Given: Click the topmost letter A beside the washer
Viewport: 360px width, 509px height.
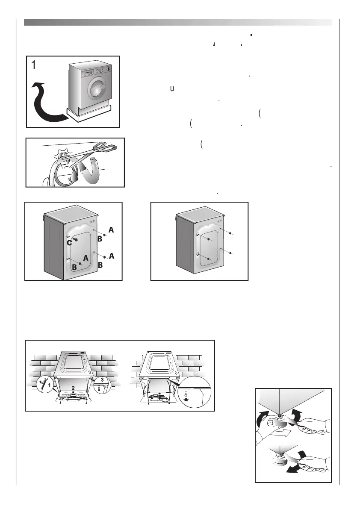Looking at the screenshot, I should [x=111, y=229].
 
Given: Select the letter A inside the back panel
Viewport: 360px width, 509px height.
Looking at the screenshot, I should [x=86, y=258].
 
